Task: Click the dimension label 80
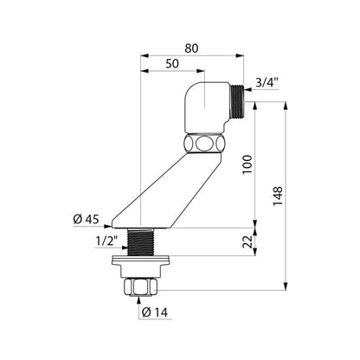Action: coord(191,48)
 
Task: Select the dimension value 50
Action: coord(172,63)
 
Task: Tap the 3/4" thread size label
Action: coord(267,83)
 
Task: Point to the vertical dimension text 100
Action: coord(247,164)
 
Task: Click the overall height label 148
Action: coord(278,196)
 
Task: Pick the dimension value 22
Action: coord(247,241)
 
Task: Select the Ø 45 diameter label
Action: coord(86,220)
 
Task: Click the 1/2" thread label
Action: coord(106,241)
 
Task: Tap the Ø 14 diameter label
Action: coord(155,312)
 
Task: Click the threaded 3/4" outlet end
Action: coord(237,100)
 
